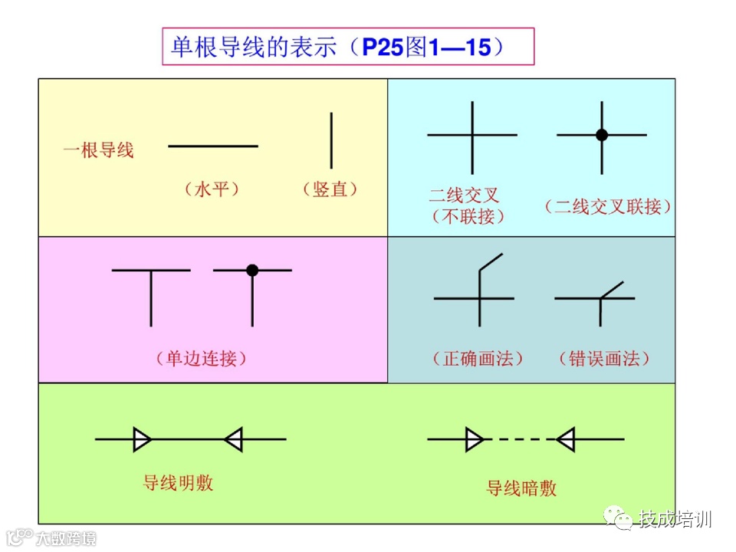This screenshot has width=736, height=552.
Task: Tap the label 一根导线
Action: click(98, 150)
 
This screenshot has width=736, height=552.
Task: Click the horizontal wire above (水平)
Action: click(213, 146)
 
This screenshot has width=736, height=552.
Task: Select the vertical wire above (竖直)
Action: click(331, 140)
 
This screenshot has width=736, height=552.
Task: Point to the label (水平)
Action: click(212, 189)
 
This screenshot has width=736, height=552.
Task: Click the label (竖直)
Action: click(330, 189)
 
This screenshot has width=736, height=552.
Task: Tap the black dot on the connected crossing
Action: click(602, 135)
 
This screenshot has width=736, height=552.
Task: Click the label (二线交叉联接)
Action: click(608, 206)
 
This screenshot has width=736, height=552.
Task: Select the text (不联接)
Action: click(469, 216)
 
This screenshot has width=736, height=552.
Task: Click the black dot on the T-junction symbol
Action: click(252, 270)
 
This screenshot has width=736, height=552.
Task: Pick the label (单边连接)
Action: click(202, 358)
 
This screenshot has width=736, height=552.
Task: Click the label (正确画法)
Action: click(478, 358)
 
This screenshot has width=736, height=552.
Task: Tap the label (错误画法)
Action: click(604, 358)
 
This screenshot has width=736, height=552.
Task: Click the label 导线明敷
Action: click(178, 482)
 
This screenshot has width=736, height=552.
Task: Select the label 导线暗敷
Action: click(521, 488)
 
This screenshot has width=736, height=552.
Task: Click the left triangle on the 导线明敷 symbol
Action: click(142, 439)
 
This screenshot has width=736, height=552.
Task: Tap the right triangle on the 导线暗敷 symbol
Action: click(567, 439)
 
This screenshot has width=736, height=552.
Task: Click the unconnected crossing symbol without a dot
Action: click(472, 135)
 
